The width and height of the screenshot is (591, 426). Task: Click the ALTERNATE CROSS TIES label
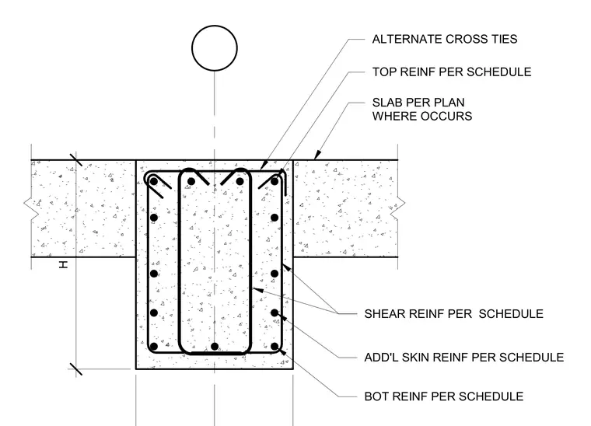444,39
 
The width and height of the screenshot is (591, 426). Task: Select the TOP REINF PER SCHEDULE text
452,72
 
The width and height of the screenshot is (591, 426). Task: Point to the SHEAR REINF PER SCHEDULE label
454,314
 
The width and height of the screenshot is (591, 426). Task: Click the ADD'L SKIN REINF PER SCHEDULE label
464,357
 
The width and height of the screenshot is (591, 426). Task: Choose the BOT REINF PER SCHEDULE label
443,396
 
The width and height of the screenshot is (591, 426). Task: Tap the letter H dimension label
63,265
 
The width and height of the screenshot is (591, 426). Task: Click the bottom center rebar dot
215,347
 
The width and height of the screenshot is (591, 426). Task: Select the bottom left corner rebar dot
154,347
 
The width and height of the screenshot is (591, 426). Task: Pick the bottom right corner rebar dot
275,347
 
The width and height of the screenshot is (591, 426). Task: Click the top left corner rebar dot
154,182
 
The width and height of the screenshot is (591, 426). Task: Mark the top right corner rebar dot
275,182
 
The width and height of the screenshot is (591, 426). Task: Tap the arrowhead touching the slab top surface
317,155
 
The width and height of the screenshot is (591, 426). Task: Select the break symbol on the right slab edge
398,208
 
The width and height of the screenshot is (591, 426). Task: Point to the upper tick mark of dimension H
76,159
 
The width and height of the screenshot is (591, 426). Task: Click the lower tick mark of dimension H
76,369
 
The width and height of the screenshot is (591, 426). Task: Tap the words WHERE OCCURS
422,117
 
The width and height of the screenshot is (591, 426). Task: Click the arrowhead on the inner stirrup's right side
257,289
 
